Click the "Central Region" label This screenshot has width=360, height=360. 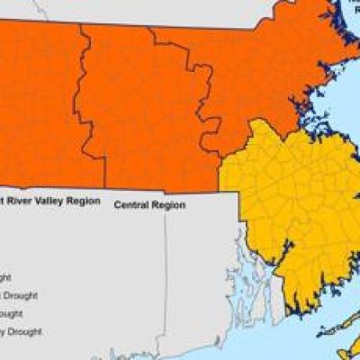149,205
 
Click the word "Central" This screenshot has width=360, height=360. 131,205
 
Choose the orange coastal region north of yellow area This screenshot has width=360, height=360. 261,81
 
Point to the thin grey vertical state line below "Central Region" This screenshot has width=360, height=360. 165,270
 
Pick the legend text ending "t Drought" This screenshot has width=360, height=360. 18,295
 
